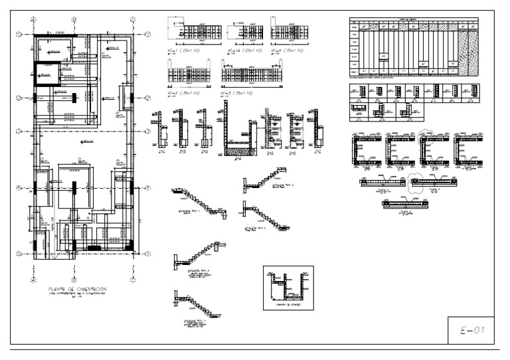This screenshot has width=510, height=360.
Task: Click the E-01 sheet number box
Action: [469, 329]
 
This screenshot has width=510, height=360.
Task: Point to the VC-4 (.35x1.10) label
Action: [291, 50]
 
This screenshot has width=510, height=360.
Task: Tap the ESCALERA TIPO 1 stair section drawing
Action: [198, 199]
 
